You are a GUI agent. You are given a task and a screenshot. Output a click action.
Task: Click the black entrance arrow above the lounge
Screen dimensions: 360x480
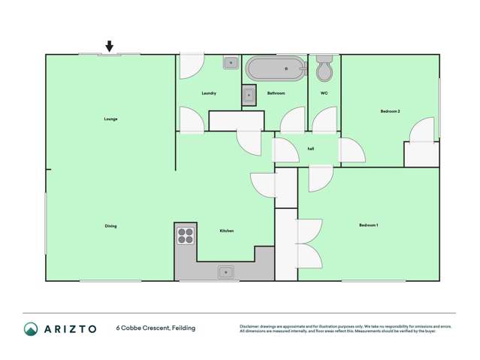click(110, 47)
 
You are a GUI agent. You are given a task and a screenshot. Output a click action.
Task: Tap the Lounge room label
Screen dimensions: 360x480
click(110, 119)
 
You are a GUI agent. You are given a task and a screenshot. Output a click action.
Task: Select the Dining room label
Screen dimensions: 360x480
click(110, 226)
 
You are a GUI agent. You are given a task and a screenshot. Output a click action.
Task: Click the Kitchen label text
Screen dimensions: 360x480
click(226, 231)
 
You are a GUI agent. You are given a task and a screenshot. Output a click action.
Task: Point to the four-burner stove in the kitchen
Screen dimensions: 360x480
click(186, 236)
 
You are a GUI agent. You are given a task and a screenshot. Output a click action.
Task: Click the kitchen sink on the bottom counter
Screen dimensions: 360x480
click(226, 272)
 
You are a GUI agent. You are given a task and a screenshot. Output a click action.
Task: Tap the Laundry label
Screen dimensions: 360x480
click(209, 93)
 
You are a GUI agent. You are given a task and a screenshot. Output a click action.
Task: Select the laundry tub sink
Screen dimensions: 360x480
click(231, 63)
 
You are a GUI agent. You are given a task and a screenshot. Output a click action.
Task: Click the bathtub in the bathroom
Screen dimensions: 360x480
click(276, 68)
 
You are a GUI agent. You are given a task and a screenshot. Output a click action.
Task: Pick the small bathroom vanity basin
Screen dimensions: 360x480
click(249, 95)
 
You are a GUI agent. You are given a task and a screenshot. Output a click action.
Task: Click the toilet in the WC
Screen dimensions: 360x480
click(325, 69)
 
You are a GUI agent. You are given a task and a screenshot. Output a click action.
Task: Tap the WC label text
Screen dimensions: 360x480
click(324, 93)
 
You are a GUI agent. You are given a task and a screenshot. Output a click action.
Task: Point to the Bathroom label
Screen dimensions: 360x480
click(276, 93)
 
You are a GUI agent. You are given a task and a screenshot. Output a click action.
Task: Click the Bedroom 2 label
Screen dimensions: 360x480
click(390, 111)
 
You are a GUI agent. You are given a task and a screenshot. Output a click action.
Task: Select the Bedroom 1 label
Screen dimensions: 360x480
click(368, 225)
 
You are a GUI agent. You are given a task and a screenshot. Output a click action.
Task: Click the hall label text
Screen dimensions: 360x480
click(310, 149)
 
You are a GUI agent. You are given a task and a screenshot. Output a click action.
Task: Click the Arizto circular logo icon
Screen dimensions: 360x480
click(31, 328)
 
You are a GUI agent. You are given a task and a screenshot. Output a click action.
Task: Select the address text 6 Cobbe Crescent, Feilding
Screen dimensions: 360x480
click(155, 328)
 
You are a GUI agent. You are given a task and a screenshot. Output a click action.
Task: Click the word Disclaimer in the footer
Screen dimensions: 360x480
click(249, 326)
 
